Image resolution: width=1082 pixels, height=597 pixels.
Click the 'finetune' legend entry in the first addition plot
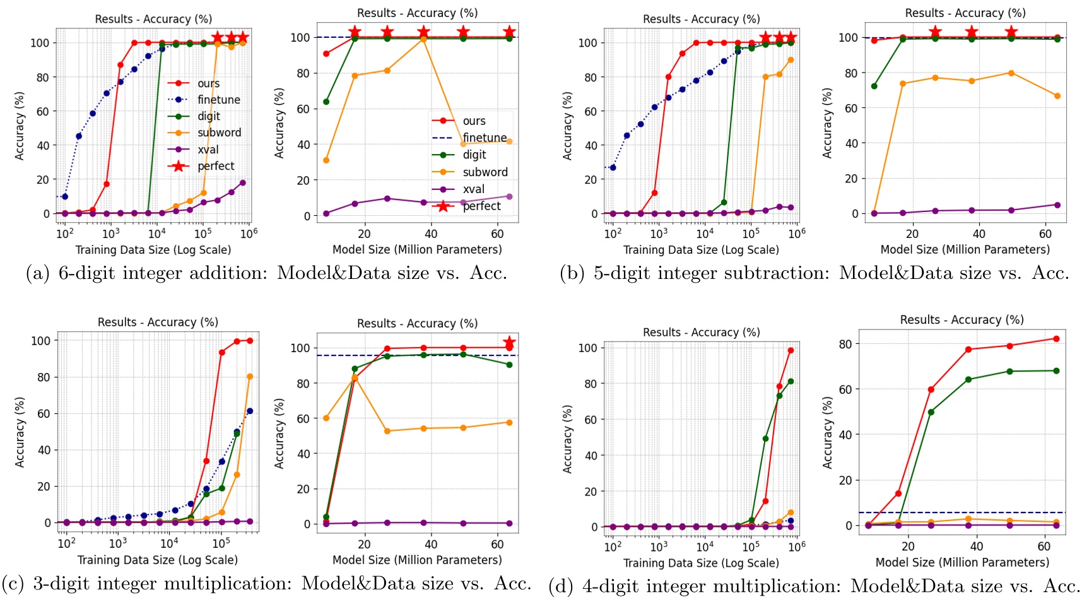coord(218,100)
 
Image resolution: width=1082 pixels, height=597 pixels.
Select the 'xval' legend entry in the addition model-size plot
coord(473,189)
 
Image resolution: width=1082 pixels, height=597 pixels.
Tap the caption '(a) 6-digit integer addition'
coord(266,273)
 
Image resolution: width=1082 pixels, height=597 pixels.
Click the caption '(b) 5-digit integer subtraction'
coord(814,273)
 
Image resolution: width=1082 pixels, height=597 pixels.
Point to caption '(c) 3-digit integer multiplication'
coord(266,583)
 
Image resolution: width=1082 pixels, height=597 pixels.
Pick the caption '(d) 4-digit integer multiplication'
coord(814,586)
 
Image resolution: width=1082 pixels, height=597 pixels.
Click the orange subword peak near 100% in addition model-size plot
coord(423,39)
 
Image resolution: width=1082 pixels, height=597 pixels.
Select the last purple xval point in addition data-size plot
coord(243,183)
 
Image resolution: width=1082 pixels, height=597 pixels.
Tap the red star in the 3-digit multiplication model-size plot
coord(509,343)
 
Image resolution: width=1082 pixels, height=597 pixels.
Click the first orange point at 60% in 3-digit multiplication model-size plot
coord(326,418)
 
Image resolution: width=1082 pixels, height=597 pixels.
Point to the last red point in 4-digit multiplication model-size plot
coord(1056,339)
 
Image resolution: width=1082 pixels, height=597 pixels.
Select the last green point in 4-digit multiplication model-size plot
coord(1056,371)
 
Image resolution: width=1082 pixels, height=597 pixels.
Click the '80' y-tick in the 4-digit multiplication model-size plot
coord(845,344)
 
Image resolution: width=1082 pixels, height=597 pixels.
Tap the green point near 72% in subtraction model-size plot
coord(874,86)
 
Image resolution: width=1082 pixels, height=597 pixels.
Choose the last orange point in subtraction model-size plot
coord(1057,96)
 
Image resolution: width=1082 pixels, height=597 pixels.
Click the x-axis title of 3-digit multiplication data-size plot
coord(157,560)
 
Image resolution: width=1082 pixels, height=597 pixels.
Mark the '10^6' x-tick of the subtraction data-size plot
coord(797,233)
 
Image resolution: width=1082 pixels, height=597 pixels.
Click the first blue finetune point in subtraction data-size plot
coord(613,167)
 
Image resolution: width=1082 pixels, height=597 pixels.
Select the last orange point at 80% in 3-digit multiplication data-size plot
coord(250,377)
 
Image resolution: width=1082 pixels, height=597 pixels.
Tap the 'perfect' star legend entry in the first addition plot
coord(215,166)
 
